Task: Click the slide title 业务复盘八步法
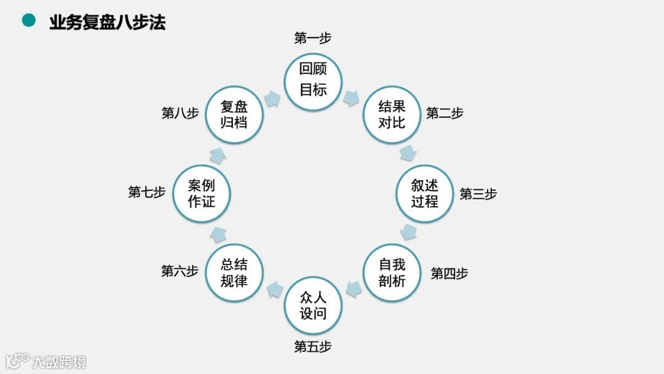(x=107, y=23)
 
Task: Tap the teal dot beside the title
(x=28, y=21)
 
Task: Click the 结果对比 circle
(x=392, y=114)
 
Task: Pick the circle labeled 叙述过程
(x=425, y=194)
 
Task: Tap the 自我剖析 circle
(x=392, y=273)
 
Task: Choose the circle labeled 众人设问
(x=313, y=306)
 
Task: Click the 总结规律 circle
(x=234, y=273)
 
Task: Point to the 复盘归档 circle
(x=234, y=114)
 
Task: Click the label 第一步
(x=313, y=39)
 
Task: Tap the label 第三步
(x=478, y=194)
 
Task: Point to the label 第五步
(x=313, y=347)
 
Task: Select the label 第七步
(x=147, y=192)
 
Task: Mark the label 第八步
(x=180, y=113)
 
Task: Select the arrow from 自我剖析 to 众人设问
(x=353, y=288)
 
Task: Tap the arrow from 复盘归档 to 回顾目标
(x=272, y=97)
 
